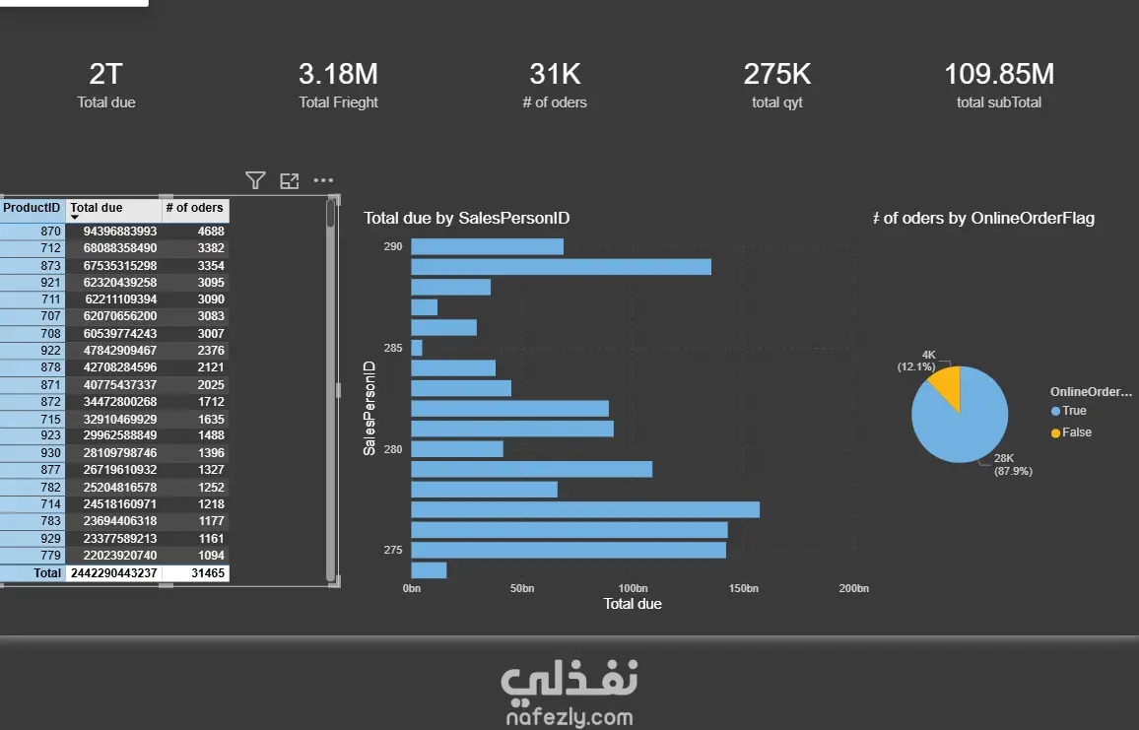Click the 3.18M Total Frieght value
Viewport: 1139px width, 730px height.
pyautogui.click(x=338, y=74)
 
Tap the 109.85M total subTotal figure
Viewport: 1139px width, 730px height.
pyautogui.click(x=999, y=74)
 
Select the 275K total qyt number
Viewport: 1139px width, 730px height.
pyautogui.click(x=776, y=74)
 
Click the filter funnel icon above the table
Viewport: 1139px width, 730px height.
pyautogui.click(x=255, y=180)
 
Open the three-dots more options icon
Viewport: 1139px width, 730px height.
pyautogui.click(x=323, y=180)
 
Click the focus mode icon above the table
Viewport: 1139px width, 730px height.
pyautogui.click(x=289, y=181)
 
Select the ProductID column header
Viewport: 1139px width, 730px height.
pyautogui.click(x=32, y=208)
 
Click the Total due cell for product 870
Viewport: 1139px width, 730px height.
pyautogui.click(x=120, y=231)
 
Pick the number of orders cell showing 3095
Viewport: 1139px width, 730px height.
pyautogui.click(x=211, y=283)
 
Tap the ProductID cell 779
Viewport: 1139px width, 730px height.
pyautogui.click(x=51, y=556)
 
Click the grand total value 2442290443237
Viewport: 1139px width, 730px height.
pyautogui.click(x=113, y=573)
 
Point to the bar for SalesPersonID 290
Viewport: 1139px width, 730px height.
pyautogui.click(x=487, y=246)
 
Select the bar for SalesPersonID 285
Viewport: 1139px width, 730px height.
pyautogui.click(x=416, y=348)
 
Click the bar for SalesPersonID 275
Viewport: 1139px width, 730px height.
pyautogui.click(x=569, y=550)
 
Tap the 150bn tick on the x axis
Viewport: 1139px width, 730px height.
pyautogui.click(x=743, y=588)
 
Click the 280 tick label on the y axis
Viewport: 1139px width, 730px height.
pyautogui.click(x=393, y=449)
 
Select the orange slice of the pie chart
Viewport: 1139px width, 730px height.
pyautogui.click(x=947, y=386)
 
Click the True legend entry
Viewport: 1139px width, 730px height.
pyautogui.click(x=1068, y=411)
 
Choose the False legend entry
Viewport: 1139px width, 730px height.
pyautogui.click(x=1071, y=432)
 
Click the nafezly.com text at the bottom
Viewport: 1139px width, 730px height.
pyautogui.click(x=569, y=717)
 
